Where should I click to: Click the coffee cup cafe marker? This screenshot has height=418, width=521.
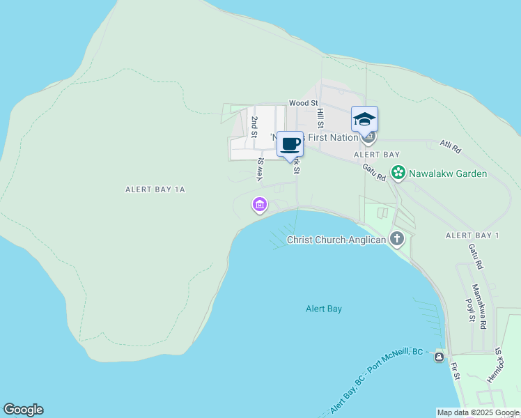tap(290, 144)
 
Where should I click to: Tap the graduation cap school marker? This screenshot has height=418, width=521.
tap(364, 118)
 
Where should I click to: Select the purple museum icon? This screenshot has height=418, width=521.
tap(259, 205)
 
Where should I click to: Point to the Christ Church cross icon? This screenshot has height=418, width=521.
tap(397, 239)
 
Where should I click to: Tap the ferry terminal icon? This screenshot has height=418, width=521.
tap(439, 357)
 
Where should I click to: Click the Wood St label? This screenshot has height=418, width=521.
tap(304, 102)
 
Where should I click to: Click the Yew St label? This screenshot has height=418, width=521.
tap(260, 170)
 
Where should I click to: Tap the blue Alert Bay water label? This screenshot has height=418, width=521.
tap(324, 308)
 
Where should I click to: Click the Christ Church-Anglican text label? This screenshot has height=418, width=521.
tap(336, 240)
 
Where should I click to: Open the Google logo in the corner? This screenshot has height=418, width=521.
tap(23, 410)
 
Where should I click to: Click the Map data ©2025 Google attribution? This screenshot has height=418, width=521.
tap(478, 412)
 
